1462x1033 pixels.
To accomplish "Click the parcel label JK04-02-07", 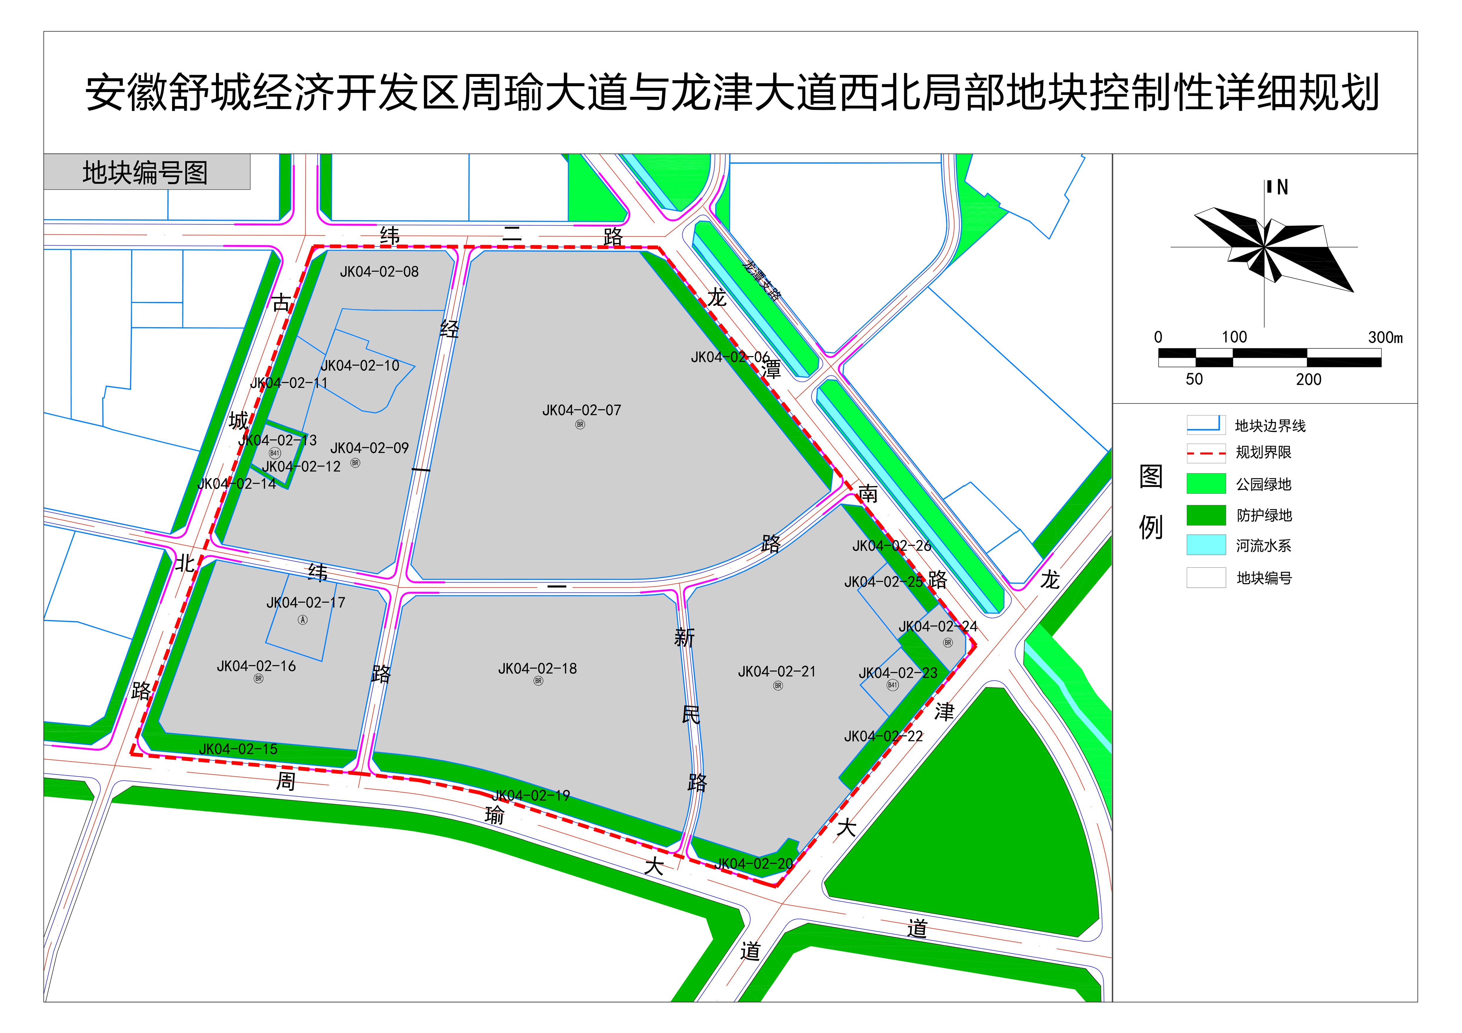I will [x=581, y=410].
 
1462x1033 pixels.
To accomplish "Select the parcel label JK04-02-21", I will [x=777, y=672].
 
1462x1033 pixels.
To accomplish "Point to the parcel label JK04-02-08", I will [x=379, y=272].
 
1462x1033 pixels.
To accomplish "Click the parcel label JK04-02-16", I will [x=257, y=666].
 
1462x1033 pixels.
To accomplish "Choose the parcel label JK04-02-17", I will [x=306, y=602].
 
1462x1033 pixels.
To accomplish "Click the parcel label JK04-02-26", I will [x=892, y=546].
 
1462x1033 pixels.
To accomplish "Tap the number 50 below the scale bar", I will [x=1194, y=380].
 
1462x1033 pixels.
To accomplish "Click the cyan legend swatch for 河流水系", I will [x=1206, y=545].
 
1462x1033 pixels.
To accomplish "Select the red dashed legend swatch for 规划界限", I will [x=1206, y=453].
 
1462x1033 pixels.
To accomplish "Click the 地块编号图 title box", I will [x=147, y=172].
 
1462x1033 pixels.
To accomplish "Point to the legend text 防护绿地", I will [x=1264, y=515].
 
